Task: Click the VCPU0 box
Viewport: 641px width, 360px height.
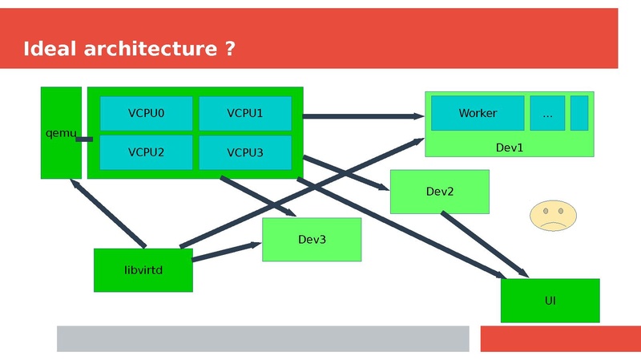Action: tap(146, 113)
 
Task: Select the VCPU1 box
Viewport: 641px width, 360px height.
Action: tap(244, 113)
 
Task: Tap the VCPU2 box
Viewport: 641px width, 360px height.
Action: tap(146, 152)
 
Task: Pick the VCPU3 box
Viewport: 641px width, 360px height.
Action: tap(244, 152)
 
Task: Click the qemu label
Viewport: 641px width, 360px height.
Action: tap(58, 132)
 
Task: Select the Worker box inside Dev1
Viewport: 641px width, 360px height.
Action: tap(478, 113)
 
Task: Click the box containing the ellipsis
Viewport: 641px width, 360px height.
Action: tap(547, 113)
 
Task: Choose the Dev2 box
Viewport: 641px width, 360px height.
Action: tap(439, 192)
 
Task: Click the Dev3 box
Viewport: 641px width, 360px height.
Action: tap(312, 239)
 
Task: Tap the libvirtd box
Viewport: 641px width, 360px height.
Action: tap(143, 270)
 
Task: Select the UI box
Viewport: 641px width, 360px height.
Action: tap(550, 301)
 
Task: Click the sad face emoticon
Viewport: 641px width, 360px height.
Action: tap(553, 216)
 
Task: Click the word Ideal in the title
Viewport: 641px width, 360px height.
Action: tap(50, 49)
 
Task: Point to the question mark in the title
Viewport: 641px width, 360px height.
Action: tap(230, 49)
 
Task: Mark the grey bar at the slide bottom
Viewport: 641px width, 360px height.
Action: tap(262, 338)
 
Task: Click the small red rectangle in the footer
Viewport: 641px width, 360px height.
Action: tap(560, 338)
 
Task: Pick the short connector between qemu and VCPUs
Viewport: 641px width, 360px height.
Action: tap(84, 140)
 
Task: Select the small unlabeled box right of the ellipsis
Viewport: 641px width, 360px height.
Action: tap(579, 113)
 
